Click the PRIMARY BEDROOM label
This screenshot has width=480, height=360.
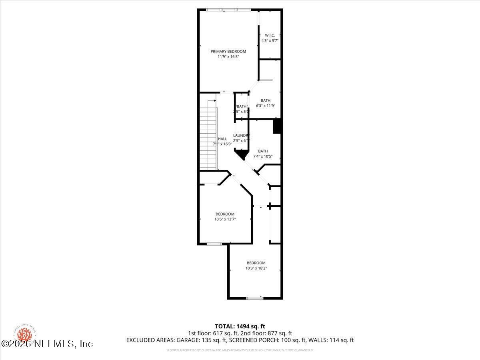(228, 51)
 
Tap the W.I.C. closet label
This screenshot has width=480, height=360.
(270, 35)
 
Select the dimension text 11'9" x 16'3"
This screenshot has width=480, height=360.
(228, 57)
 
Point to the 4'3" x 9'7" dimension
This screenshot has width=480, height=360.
(270, 40)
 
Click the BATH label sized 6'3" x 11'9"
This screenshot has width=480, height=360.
(265, 100)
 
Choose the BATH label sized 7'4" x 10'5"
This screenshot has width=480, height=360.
(263, 151)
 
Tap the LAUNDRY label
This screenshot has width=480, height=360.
(241, 136)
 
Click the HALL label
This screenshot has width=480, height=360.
(222, 139)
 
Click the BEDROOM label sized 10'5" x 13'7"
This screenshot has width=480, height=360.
(225, 214)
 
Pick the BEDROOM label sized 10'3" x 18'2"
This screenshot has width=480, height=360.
(256, 263)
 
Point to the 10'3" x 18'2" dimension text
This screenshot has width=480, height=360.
(256, 268)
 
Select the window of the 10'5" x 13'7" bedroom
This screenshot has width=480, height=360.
(214, 244)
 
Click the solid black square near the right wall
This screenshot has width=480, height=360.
(278, 126)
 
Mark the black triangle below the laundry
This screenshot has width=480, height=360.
(241, 154)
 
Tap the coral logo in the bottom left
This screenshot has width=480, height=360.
(25, 334)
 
